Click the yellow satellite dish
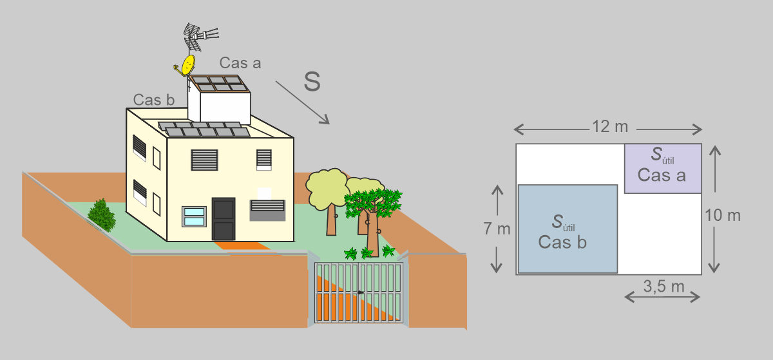(188, 64)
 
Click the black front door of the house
(224, 219)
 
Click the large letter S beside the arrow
(312, 82)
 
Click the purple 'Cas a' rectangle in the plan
(662, 168)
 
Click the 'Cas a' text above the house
(240, 62)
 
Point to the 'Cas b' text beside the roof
(154, 100)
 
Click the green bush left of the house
(101, 214)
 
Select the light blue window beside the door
(194, 216)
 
